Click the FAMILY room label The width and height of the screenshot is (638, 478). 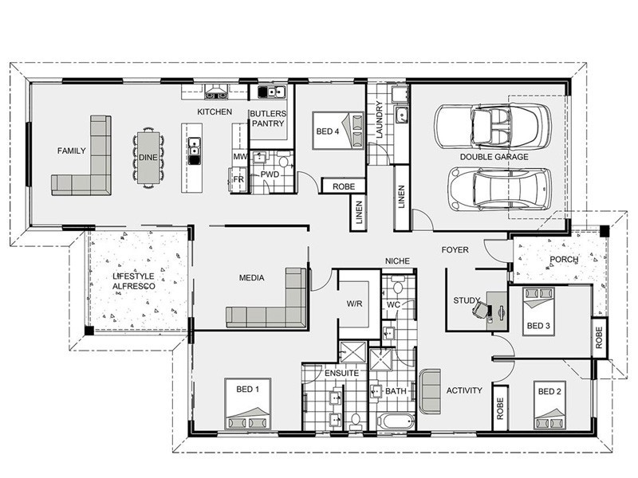[72, 151]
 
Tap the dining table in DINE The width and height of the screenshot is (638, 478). [148, 157]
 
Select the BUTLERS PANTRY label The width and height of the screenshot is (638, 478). [268, 118]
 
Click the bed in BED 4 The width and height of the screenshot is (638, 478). [337, 131]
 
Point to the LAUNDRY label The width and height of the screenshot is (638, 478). [380, 120]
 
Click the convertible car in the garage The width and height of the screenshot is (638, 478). [493, 126]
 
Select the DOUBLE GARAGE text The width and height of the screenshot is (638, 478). [494, 157]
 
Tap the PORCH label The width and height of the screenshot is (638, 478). [564, 260]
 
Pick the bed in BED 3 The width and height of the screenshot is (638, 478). [538, 311]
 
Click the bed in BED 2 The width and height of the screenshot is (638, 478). [549, 406]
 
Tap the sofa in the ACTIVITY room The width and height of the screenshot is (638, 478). [430, 391]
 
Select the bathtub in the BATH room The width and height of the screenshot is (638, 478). [396, 421]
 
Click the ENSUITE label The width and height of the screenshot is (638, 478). [341, 373]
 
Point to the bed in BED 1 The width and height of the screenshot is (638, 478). [247, 404]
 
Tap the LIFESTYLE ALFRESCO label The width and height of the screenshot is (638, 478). [134, 281]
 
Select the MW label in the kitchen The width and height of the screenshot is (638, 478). [241, 156]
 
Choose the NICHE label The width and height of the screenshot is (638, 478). [397, 261]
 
